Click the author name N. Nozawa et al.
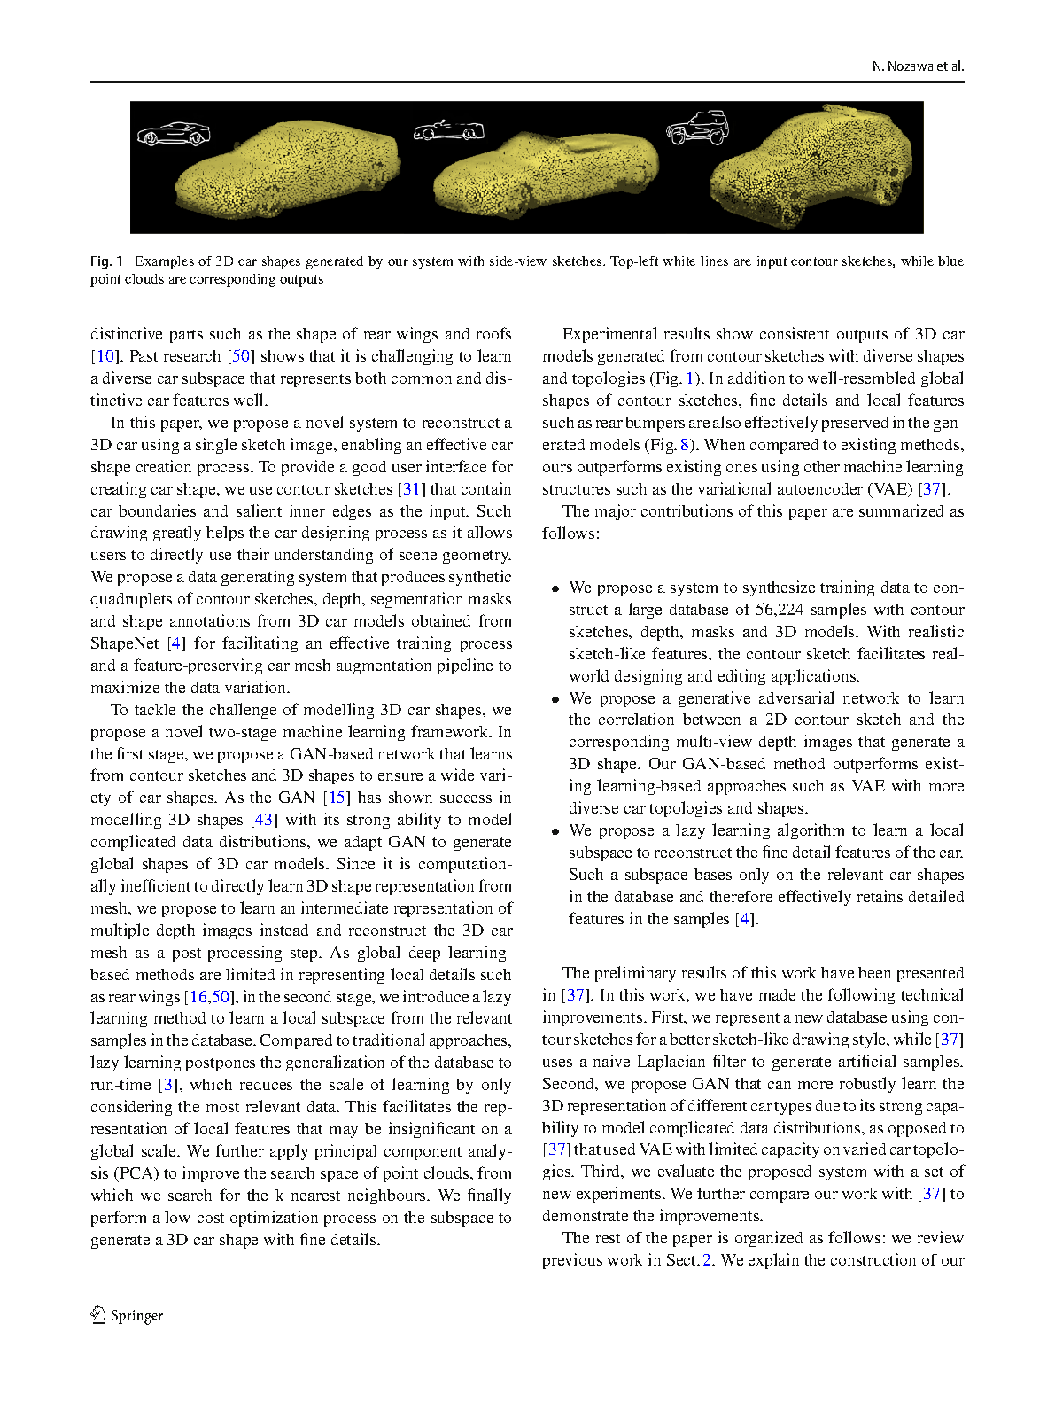coord(918,66)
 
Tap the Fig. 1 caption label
coord(106,261)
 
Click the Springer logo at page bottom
coord(127,1315)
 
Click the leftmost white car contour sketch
coord(174,134)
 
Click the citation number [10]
coord(104,356)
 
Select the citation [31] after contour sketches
coord(412,489)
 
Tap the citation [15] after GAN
coord(337,798)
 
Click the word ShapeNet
coord(124,643)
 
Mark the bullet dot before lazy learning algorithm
coord(555,831)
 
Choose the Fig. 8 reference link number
coord(685,445)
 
